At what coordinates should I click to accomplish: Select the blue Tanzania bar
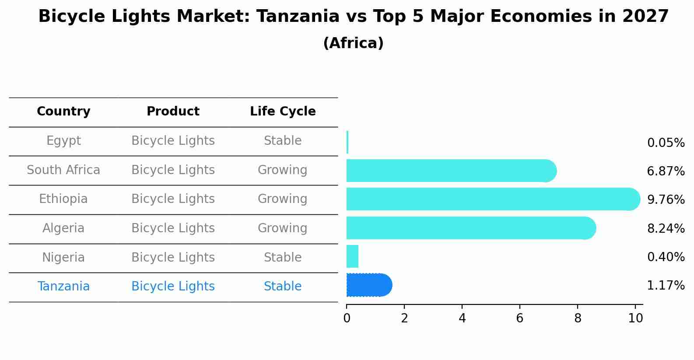click(x=369, y=285)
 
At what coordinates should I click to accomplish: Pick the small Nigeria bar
click(x=352, y=256)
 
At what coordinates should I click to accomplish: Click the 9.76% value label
click(x=666, y=200)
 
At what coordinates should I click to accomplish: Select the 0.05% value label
click(x=666, y=143)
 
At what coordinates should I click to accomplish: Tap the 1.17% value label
click(x=666, y=286)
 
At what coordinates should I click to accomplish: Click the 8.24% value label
click(x=666, y=228)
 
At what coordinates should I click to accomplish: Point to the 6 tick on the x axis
click(x=520, y=318)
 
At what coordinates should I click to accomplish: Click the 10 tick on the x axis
click(x=635, y=318)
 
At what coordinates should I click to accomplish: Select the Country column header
click(x=63, y=112)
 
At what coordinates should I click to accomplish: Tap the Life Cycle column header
click(x=283, y=112)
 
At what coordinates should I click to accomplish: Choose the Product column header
click(x=173, y=112)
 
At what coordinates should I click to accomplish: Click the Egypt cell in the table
click(x=63, y=141)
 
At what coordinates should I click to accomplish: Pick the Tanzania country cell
click(x=63, y=287)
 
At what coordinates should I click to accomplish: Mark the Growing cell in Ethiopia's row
click(x=282, y=199)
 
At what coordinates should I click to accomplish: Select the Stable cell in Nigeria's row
click(x=282, y=257)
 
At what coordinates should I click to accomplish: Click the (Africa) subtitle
click(x=353, y=43)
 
